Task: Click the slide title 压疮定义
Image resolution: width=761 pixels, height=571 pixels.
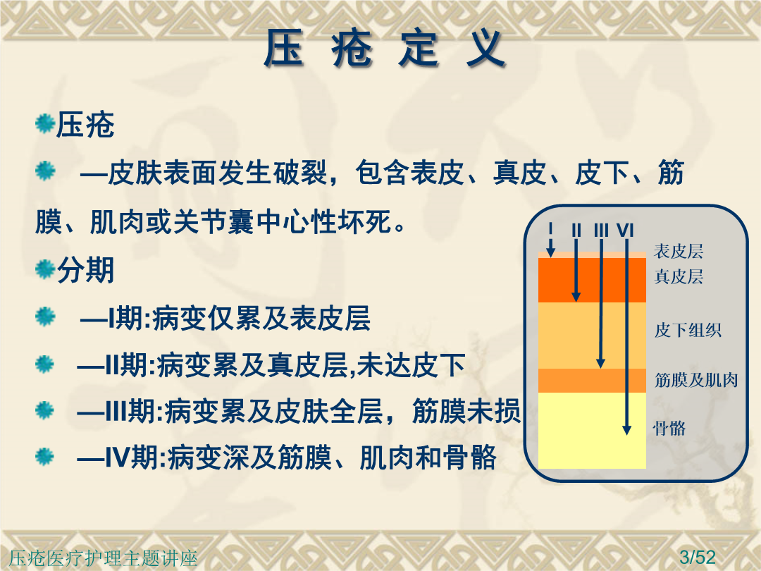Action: point(385,48)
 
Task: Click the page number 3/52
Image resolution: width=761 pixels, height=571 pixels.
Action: point(698,557)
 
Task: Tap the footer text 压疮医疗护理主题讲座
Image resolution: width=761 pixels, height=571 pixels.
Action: point(104,558)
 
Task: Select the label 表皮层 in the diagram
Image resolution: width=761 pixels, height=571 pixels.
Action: point(678,252)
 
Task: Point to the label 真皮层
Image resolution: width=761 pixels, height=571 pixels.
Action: point(679,276)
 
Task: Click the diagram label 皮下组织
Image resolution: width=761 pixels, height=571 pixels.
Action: point(687,330)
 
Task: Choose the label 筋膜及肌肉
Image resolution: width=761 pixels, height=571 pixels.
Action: point(696,380)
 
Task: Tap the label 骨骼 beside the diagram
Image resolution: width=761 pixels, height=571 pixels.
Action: point(669,429)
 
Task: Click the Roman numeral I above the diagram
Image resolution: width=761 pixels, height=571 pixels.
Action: point(550,229)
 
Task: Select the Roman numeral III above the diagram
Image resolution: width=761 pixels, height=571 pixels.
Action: point(601,230)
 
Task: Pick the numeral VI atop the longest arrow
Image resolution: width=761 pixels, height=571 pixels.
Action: point(625,230)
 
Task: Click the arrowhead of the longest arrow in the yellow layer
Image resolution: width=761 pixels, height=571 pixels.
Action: point(626,429)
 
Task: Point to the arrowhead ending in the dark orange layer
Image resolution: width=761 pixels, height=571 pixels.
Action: point(576,297)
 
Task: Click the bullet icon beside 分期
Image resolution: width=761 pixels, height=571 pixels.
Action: point(44,269)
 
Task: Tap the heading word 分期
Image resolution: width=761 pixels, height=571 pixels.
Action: point(85,270)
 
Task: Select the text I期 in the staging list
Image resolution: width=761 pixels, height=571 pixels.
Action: point(125,319)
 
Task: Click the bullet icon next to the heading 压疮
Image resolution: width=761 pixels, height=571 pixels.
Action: point(44,124)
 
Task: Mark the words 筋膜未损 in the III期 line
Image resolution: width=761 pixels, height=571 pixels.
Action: point(466,411)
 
